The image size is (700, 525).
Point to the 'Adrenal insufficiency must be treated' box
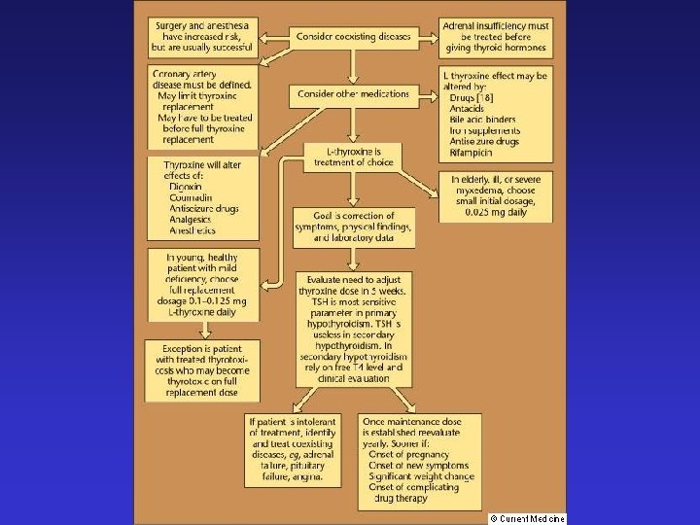pos(495,36)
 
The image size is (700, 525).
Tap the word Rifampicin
pos(472,153)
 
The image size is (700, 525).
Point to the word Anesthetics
pos(192,230)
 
